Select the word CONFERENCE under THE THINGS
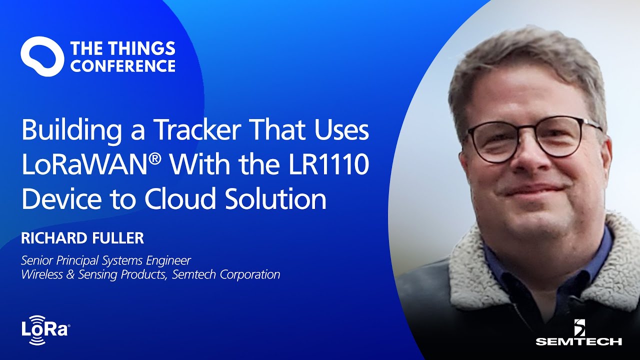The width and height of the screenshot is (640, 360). (x=123, y=65)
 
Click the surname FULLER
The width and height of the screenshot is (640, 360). (x=119, y=238)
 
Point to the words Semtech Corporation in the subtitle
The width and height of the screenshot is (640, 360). (x=226, y=274)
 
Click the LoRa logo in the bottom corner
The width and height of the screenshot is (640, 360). (x=45, y=329)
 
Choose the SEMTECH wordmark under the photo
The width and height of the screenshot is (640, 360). (x=579, y=341)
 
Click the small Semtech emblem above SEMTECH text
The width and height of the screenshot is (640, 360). (x=579, y=328)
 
